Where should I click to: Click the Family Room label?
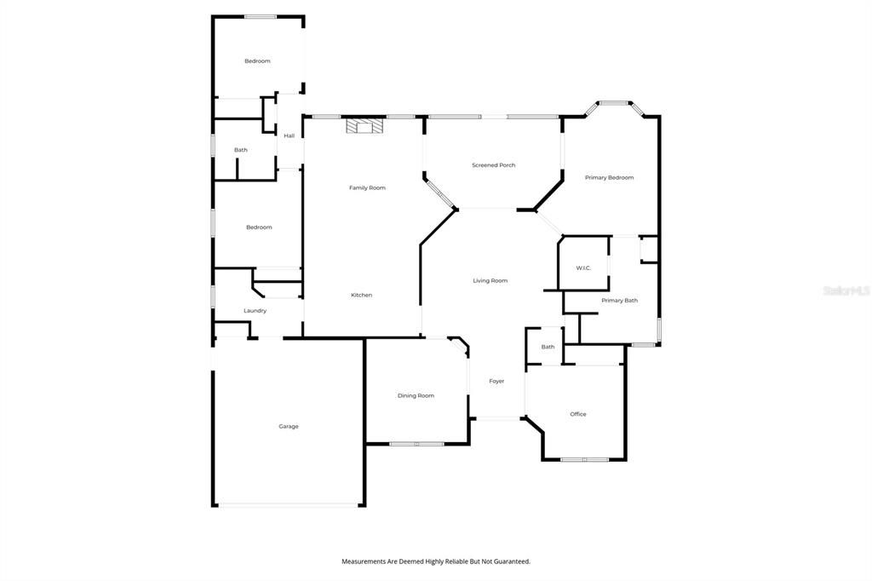(x=367, y=187)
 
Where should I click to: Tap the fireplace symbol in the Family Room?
(x=364, y=125)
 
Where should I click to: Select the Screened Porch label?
(x=493, y=165)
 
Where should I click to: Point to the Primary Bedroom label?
(x=609, y=177)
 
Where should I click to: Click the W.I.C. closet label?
(x=583, y=268)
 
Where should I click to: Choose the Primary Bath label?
(x=620, y=301)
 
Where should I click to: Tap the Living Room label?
(x=490, y=280)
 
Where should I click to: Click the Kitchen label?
(x=361, y=295)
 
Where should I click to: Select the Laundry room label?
(x=255, y=311)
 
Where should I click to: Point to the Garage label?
(x=289, y=426)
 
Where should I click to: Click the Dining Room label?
(x=416, y=395)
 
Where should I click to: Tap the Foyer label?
(x=496, y=381)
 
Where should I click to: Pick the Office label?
(x=578, y=414)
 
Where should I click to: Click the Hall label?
(x=290, y=135)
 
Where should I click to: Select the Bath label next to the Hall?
(x=241, y=150)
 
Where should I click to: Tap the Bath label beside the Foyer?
(x=548, y=347)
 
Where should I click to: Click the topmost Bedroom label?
(x=257, y=60)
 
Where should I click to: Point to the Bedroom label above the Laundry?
(x=259, y=227)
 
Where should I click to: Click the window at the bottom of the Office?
(x=584, y=460)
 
